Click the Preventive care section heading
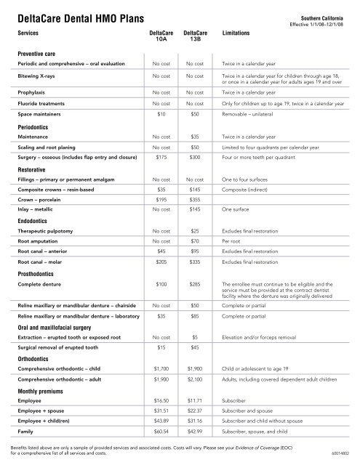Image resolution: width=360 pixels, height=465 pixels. [38, 53]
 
